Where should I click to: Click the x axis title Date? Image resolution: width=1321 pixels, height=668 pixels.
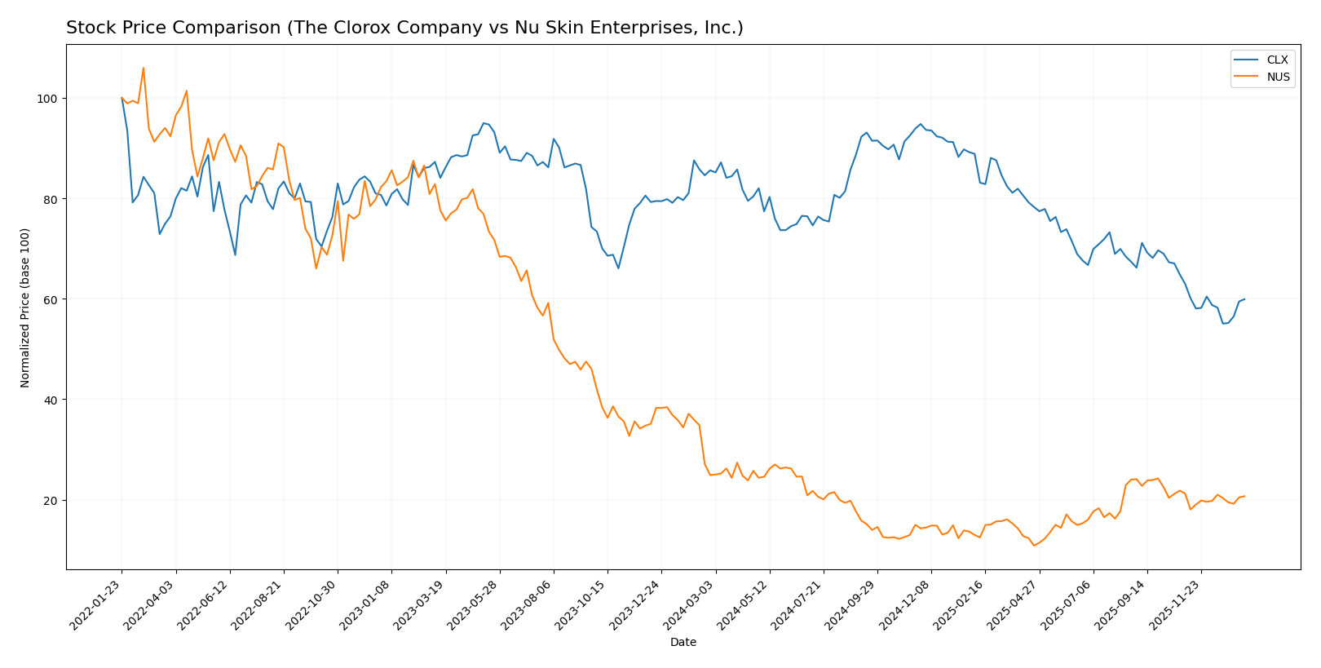683,643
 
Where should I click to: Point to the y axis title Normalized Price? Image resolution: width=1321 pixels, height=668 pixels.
25,307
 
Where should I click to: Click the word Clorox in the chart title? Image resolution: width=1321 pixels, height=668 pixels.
360,29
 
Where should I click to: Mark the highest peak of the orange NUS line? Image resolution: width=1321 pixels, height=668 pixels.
144,68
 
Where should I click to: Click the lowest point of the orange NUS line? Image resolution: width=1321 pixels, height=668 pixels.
1034,546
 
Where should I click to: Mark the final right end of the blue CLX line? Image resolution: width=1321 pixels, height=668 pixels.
1244,299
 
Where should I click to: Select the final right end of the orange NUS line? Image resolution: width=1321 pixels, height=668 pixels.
1244,496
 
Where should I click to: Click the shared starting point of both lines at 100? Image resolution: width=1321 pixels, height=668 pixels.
121,98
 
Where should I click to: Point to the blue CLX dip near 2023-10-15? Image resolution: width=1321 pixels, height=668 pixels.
618,268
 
